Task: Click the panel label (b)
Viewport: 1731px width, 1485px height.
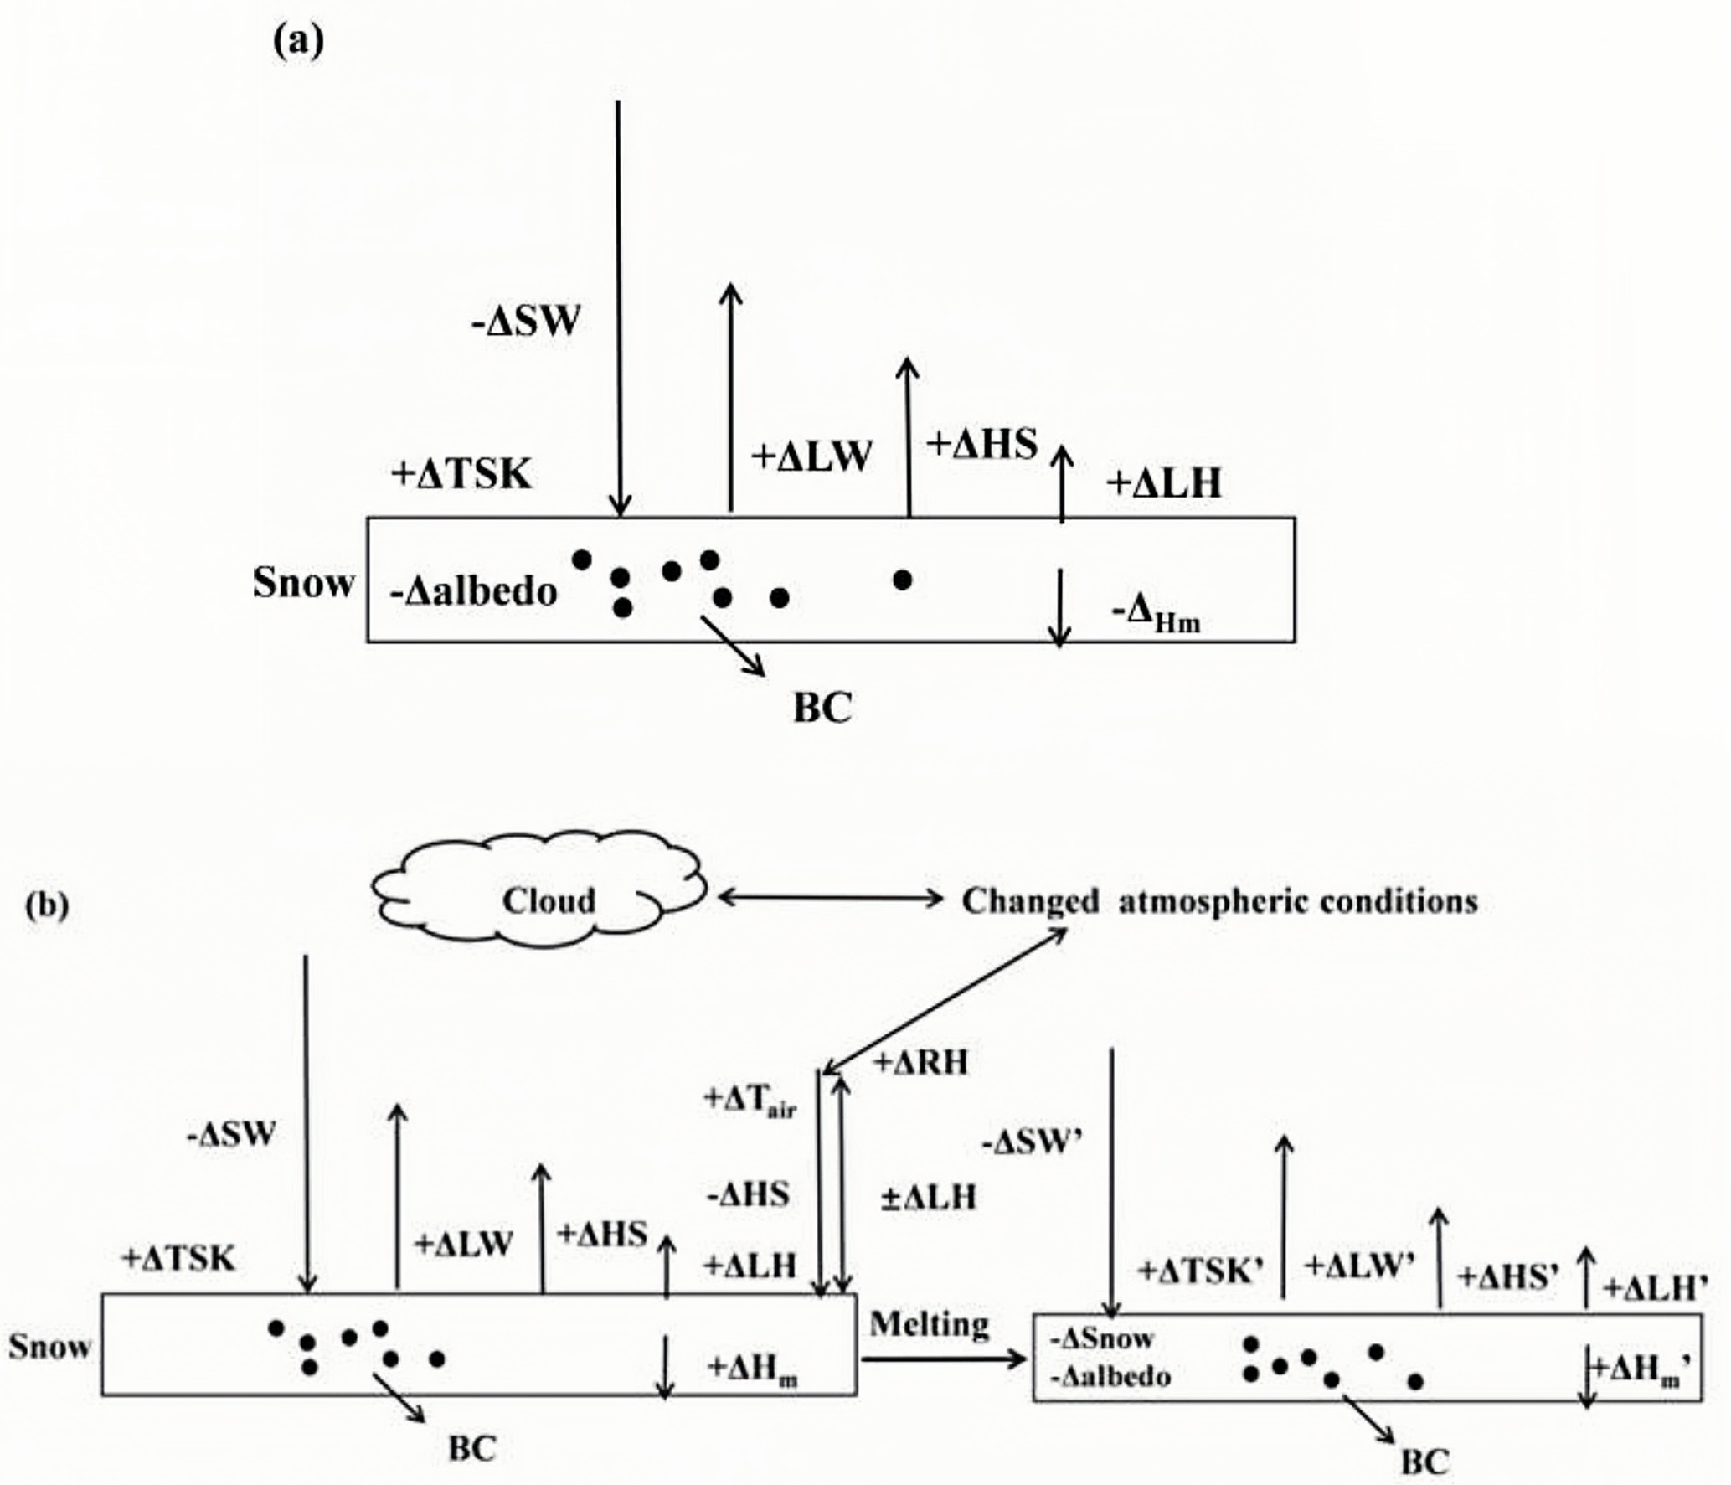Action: coord(47,905)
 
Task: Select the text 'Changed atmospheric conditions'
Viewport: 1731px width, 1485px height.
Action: coord(1219,901)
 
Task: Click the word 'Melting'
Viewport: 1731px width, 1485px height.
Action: coord(929,1324)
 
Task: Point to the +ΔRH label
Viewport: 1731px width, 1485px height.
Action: coord(920,1063)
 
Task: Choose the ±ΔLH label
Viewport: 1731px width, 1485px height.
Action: coord(929,1197)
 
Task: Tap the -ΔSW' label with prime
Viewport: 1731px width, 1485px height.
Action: coord(1033,1142)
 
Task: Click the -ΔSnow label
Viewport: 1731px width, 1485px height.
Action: coord(1102,1338)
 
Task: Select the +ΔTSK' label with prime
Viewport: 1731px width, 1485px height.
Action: coord(1199,1271)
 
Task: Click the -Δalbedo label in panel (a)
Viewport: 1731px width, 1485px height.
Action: coord(473,592)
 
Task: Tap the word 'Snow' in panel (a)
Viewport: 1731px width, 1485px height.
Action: coord(304,582)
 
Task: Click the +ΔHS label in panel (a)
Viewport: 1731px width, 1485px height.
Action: coord(981,444)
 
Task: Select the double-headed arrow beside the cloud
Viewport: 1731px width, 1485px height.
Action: coord(831,898)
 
